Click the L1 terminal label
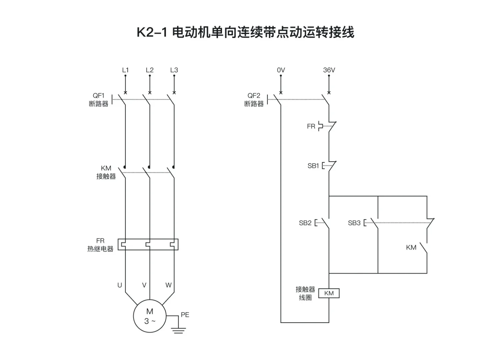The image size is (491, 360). (125, 70)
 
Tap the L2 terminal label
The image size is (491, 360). (150, 70)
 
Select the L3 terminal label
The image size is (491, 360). (174, 70)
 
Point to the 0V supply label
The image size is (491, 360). (281, 70)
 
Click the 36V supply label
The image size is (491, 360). (329, 70)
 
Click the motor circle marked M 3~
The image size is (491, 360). (150, 316)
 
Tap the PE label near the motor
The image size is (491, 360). (185, 315)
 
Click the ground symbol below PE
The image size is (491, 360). (178, 330)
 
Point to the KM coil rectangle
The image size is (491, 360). (329, 293)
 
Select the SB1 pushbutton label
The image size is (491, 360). (313, 166)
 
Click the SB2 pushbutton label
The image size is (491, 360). (305, 223)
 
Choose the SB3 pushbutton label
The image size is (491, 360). (354, 223)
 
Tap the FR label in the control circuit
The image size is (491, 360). (311, 126)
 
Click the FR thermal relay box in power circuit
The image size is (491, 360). (148, 244)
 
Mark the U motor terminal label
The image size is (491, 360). (120, 285)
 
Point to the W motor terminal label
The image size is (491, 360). (168, 285)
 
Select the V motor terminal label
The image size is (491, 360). (144, 285)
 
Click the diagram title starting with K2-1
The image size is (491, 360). (245, 32)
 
